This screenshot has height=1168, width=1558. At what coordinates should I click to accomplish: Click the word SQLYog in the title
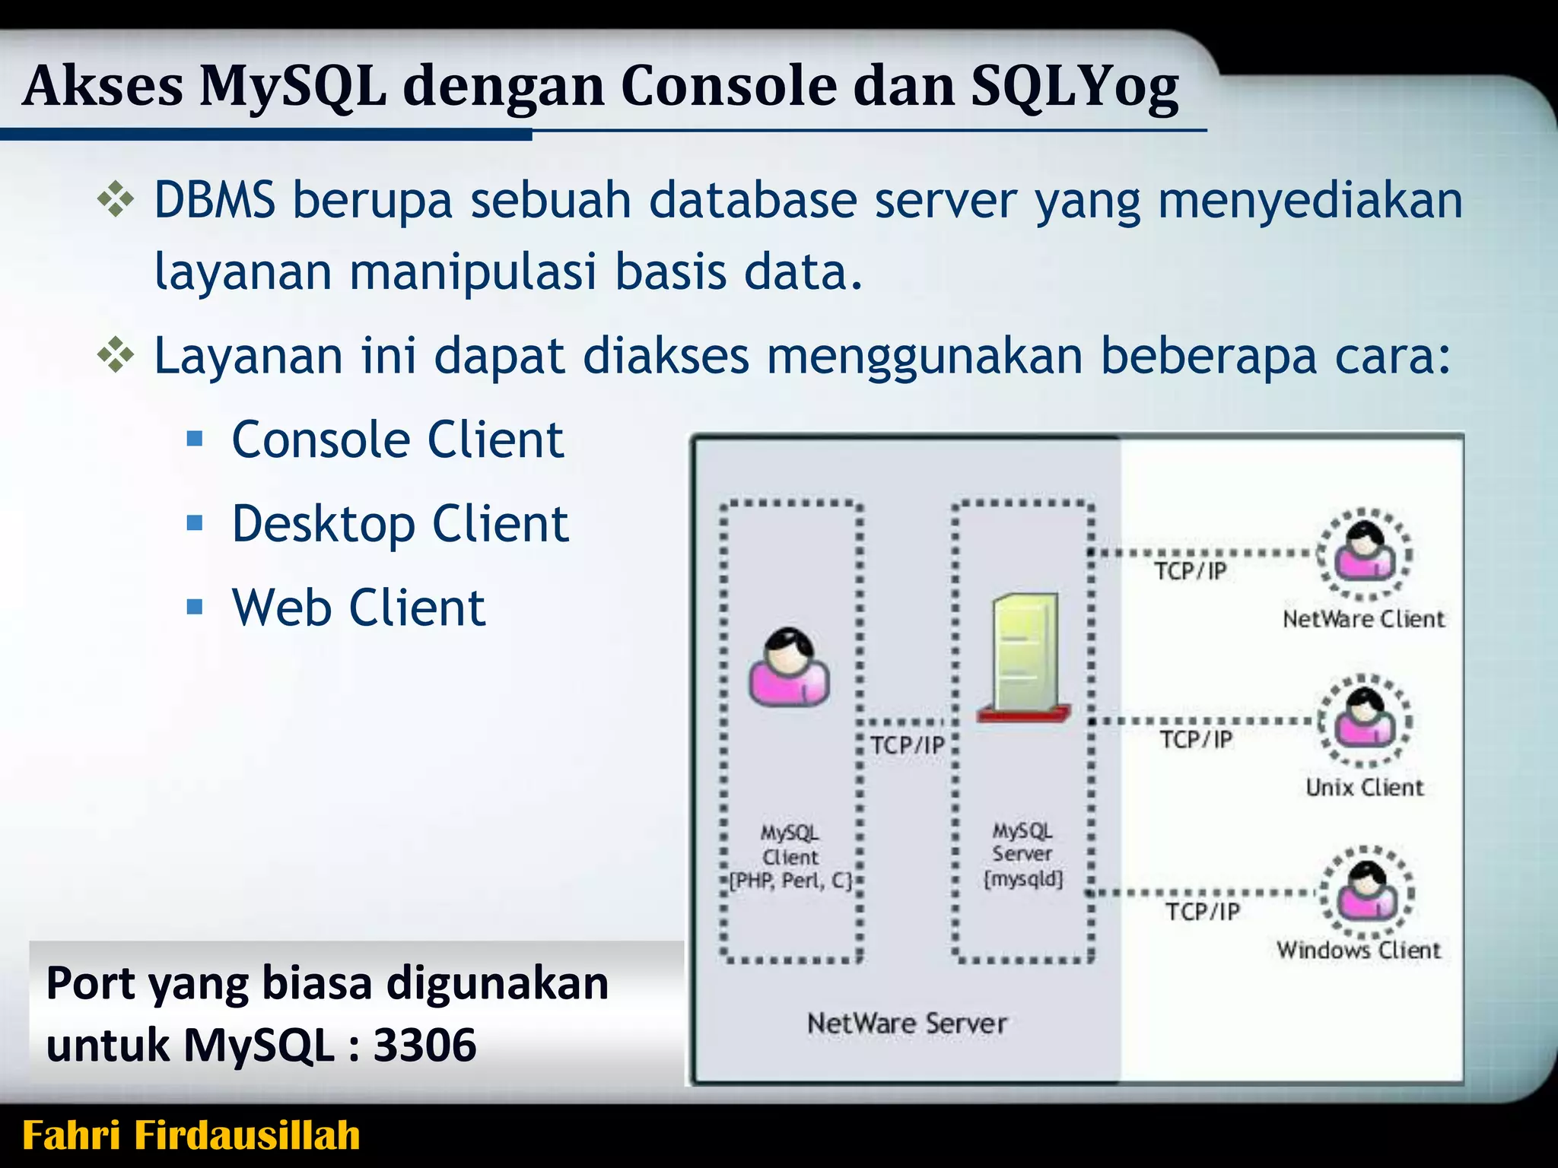pyautogui.click(x=1075, y=87)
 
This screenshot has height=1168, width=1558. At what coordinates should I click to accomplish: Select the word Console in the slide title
pyautogui.click(x=728, y=85)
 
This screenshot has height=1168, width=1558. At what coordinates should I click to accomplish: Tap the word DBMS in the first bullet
pyautogui.click(x=215, y=201)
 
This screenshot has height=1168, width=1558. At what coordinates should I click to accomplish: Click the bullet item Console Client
pyautogui.click(x=397, y=440)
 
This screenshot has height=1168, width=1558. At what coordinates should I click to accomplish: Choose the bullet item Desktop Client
pyautogui.click(x=400, y=525)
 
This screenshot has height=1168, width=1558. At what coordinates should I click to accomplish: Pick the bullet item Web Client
pyautogui.click(x=358, y=608)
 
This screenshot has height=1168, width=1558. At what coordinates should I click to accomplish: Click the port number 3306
pyautogui.click(x=424, y=1046)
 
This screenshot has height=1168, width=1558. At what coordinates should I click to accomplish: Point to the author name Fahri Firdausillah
pyautogui.click(x=191, y=1135)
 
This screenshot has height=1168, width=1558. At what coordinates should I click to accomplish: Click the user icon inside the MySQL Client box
pyautogui.click(x=789, y=669)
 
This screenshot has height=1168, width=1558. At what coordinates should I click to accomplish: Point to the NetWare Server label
pyautogui.click(x=907, y=1024)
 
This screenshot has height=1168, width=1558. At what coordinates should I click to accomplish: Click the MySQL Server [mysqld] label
pyautogui.click(x=1022, y=855)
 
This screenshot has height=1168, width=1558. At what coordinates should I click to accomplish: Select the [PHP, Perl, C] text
pyautogui.click(x=791, y=881)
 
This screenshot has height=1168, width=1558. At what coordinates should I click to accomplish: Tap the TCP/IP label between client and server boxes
pyautogui.click(x=907, y=745)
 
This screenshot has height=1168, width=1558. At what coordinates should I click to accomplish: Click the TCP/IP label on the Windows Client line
pyautogui.click(x=1203, y=911)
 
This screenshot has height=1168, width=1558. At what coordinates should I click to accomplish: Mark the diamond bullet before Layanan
pyautogui.click(x=116, y=356)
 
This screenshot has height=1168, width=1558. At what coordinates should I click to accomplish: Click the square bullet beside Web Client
pyautogui.click(x=196, y=607)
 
